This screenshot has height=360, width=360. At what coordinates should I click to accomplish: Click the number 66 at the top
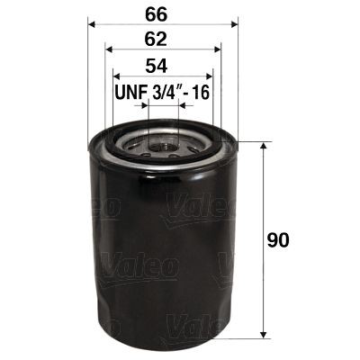161,13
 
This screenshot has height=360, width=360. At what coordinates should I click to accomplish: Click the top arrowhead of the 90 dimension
262,147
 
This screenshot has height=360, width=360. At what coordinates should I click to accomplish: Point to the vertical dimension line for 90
262,207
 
